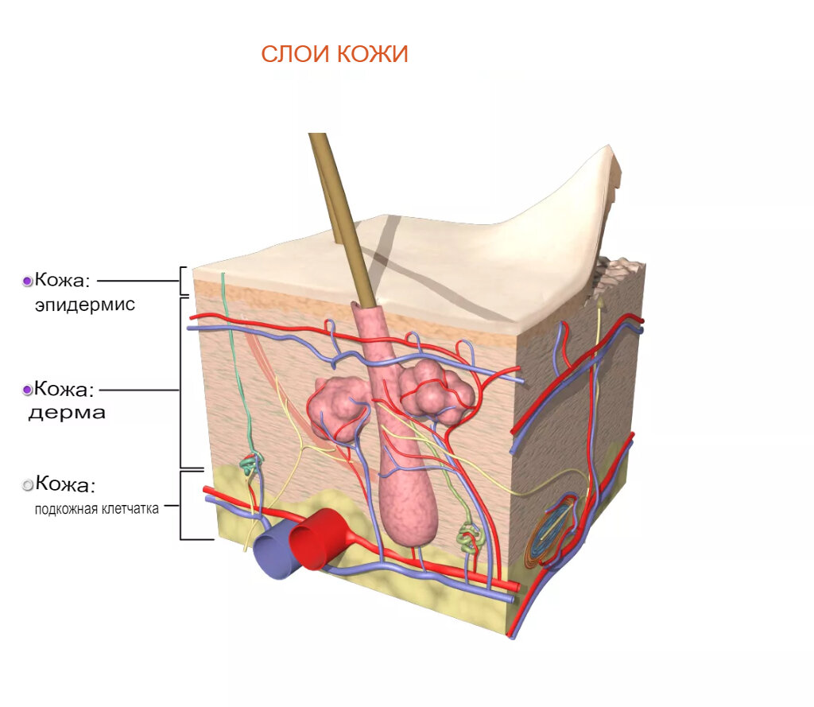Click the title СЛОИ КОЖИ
click(x=335, y=54)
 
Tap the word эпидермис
click(x=85, y=305)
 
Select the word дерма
click(x=68, y=414)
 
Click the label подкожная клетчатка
click(x=97, y=508)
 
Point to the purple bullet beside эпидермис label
click(x=27, y=281)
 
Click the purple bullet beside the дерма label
click(x=27, y=390)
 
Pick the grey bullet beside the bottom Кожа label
click(x=28, y=484)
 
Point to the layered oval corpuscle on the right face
click(x=554, y=530)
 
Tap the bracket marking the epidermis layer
click(x=184, y=281)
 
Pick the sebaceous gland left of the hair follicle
click(x=335, y=406)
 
